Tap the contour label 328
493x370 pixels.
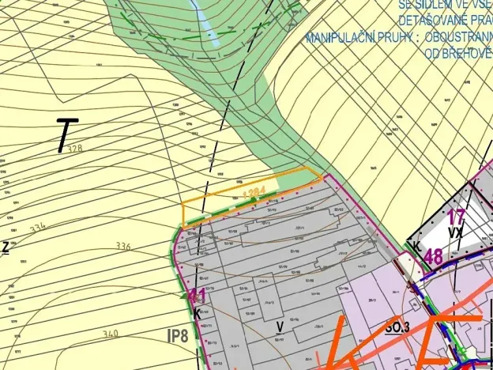coord(74,149)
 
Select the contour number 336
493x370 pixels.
coord(122,246)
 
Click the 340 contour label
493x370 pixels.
coord(110,334)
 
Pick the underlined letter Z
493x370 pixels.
coord(5,247)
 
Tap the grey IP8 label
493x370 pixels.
coord(179,335)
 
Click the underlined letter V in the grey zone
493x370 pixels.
coord(280,325)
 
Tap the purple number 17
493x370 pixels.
coord(456,217)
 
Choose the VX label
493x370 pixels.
coord(454,233)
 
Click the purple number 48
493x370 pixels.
coord(433,256)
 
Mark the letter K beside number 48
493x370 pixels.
coord(413,247)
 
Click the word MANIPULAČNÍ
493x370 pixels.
coord(341,38)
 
